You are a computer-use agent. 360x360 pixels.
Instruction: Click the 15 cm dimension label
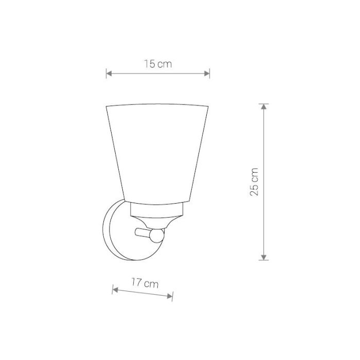coord(158,64)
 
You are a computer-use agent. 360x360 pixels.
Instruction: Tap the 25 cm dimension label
coord(254,182)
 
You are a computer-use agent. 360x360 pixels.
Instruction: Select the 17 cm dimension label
coord(145,283)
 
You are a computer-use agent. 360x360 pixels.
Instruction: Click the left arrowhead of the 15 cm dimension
coord(109,74)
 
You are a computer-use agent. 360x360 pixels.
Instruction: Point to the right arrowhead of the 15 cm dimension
coord(207,74)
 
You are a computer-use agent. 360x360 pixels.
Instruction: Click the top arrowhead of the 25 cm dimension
coord(264,106)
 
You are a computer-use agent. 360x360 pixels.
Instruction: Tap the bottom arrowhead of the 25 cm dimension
coord(264,257)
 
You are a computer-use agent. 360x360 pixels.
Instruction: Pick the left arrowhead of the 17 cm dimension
coord(115,290)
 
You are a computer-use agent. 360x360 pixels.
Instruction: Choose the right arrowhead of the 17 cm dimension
coord(170,296)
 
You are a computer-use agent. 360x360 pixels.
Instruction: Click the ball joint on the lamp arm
coord(156,236)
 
